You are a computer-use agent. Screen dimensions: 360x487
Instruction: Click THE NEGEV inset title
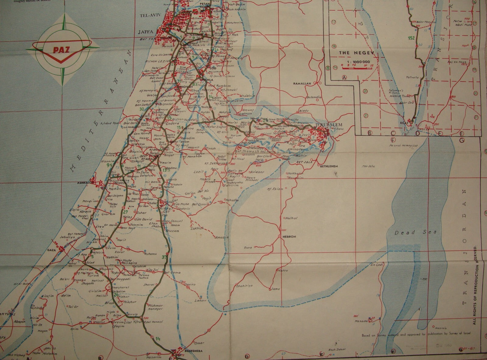353,52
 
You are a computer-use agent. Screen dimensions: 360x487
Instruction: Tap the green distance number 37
165,257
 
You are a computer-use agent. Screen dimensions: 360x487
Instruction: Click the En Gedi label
374,265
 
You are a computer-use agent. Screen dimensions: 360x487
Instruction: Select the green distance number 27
125,212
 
